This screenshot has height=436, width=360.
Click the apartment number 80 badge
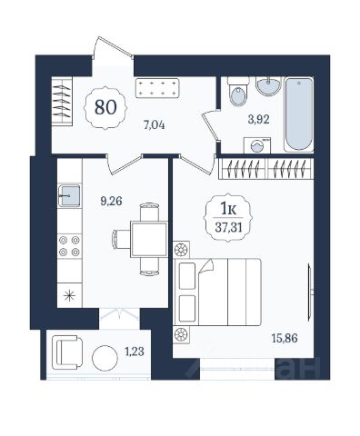[x=105, y=107]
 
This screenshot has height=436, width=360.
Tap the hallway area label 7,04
[x=155, y=125]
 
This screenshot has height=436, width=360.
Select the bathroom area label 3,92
[x=258, y=120]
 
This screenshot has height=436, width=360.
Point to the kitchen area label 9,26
[x=111, y=201]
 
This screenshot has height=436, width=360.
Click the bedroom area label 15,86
[x=285, y=338]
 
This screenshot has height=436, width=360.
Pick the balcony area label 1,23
[x=135, y=352]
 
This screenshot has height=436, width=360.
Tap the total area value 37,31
[x=228, y=227]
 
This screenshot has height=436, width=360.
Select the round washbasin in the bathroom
[x=268, y=85]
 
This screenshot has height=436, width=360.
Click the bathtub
[x=298, y=114]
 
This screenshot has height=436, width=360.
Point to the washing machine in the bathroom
[x=257, y=145]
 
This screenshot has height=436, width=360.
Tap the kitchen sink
[x=69, y=195]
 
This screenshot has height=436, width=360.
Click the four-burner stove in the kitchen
[x=69, y=246]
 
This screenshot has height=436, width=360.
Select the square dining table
[x=149, y=239]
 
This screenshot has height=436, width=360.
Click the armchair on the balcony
[x=67, y=352]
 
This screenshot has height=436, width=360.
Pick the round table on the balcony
[x=105, y=358]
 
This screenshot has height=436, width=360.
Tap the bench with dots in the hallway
[x=156, y=88]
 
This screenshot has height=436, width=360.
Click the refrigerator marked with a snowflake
[x=69, y=295]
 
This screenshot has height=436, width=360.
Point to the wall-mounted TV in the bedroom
[x=310, y=292]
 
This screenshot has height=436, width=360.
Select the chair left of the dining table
[x=121, y=239]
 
